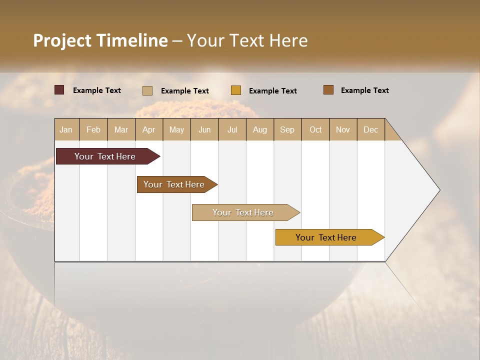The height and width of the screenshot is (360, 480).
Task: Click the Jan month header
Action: pos(66,129)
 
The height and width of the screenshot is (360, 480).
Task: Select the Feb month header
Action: pos(93,129)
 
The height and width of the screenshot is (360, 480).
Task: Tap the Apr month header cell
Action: pos(149,129)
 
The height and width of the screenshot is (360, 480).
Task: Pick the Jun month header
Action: pos(204,129)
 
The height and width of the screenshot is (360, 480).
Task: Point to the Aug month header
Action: pos(260,129)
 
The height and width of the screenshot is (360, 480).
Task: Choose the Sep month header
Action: pos(287,129)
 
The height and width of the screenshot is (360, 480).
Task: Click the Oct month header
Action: pos(315,129)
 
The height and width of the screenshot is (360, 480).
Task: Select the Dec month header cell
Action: pos(371,129)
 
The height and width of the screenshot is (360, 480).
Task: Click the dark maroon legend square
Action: pos(59,90)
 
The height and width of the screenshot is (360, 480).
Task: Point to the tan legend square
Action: pos(147,90)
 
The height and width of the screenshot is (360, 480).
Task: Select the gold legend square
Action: pos(236,90)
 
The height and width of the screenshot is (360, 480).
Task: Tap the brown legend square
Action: pos(328,90)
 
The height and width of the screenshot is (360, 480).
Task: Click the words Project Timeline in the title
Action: pos(100,40)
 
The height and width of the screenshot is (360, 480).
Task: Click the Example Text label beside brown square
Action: pos(364,90)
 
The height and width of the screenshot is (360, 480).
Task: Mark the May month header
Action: pos(176,129)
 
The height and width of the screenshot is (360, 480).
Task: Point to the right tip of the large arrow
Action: pos(438,190)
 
